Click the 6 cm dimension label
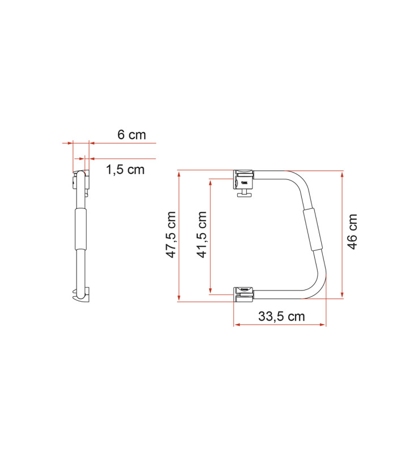click(132, 135)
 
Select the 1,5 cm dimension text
click(125, 169)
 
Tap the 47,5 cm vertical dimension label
click(171, 235)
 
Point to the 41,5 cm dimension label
click(202, 235)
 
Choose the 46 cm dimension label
click(352, 233)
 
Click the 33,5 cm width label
click(281, 317)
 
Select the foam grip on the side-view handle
click(81, 228)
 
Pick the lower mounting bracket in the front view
click(244, 292)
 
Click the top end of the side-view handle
click(82, 177)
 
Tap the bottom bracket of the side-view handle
click(81, 295)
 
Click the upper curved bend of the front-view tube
click(300, 180)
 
